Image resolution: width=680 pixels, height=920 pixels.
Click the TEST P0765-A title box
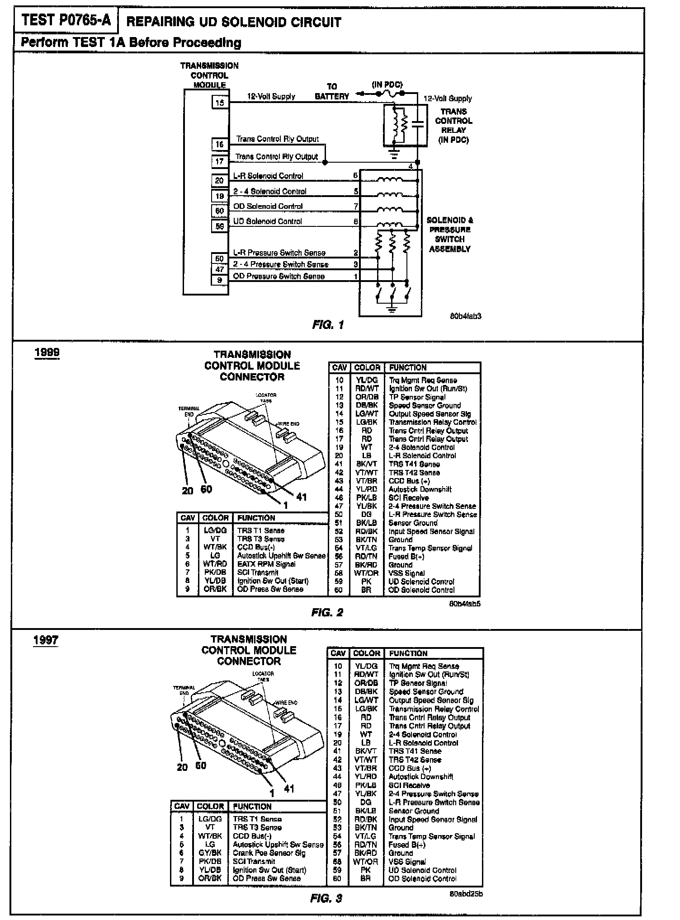[66, 20]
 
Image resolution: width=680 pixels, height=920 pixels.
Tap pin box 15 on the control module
[220, 103]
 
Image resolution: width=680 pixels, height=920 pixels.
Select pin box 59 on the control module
[220, 225]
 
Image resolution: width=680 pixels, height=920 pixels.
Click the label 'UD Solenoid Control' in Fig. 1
[268, 221]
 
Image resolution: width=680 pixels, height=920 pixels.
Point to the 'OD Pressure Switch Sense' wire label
[279, 276]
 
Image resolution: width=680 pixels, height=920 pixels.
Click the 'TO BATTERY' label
[332, 91]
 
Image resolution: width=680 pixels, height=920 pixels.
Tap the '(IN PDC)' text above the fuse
[387, 84]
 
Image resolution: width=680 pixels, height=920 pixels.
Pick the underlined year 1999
[47, 352]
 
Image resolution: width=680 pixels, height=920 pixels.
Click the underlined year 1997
[46, 640]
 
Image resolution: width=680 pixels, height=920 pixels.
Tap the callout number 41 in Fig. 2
[302, 497]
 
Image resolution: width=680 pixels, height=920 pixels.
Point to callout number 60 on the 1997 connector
[201, 765]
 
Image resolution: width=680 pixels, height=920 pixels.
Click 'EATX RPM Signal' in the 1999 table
[266, 564]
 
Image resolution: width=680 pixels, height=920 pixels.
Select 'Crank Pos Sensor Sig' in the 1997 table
[269, 853]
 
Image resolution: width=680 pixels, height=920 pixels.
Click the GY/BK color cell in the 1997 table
[210, 853]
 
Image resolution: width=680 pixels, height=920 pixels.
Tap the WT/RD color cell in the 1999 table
[215, 564]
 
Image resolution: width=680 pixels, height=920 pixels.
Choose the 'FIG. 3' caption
[326, 898]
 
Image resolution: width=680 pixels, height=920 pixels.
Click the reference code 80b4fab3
[465, 316]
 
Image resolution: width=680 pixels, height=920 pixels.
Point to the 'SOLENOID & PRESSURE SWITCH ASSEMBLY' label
[450, 235]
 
